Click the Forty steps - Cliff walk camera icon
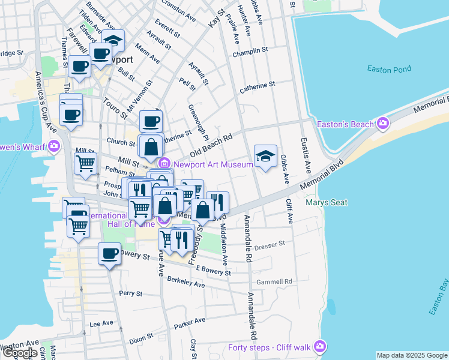click(320, 346)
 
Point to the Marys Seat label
click(326, 202)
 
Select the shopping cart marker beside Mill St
click(85, 163)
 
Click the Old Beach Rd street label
click(211, 144)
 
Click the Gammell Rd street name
click(274, 281)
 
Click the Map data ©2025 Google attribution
click(412, 355)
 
